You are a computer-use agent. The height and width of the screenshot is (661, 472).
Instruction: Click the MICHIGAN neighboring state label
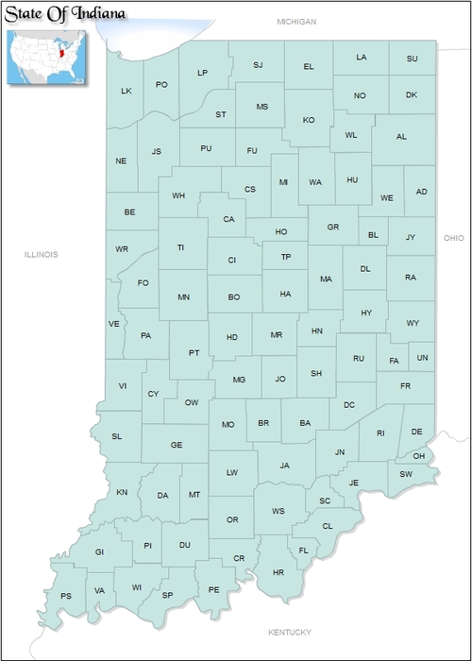pyautogui.click(x=296, y=21)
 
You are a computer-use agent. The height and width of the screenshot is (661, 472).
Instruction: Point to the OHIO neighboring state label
pyautogui.click(x=453, y=238)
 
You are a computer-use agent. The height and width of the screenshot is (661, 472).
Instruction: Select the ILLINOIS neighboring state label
pyautogui.click(x=42, y=254)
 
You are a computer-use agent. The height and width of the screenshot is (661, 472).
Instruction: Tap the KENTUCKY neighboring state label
pyautogui.click(x=289, y=632)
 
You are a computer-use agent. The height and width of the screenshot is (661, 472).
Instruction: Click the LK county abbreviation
pyautogui.click(x=126, y=92)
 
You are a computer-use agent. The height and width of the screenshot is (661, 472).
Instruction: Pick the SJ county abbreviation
pyautogui.click(x=260, y=65)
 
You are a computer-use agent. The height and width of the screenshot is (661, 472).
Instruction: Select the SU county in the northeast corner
pyautogui.click(x=412, y=59)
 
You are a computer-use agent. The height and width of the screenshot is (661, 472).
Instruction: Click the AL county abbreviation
pyautogui.click(x=401, y=137)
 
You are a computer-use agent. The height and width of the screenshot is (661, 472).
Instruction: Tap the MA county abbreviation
pyautogui.click(x=326, y=280)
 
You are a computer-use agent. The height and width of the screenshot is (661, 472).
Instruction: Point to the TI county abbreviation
pyautogui.click(x=180, y=248)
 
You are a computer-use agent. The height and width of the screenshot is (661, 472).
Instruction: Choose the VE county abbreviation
pyautogui.click(x=114, y=324)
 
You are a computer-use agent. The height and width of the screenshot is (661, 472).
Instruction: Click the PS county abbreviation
pyautogui.click(x=66, y=596)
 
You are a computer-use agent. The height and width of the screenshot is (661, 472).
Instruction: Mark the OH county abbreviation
pyautogui.click(x=419, y=456)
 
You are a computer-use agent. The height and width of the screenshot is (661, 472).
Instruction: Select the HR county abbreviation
pyautogui.click(x=278, y=573)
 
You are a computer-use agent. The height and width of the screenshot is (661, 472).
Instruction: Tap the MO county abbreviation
pyautogui.click(x=228, y=425)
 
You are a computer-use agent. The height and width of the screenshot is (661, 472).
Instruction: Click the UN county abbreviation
pyautogui.click(x=422, y=358)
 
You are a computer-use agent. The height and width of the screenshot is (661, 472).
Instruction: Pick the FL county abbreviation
pyautogui.click(x=304, y=551)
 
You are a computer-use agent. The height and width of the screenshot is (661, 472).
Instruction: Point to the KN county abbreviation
pyautogui.click(x=122, y=493)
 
